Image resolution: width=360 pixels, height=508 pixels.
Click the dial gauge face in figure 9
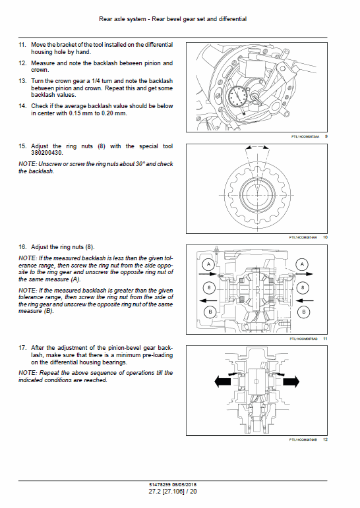pos(237,98)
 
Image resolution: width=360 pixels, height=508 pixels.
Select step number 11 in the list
pos(22,44)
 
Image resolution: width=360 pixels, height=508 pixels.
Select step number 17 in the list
pos(22,347)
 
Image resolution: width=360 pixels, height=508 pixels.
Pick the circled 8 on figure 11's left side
pos(208,288)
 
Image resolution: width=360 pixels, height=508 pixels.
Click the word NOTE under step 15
pos(28,163)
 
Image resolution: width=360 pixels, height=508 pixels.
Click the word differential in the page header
pos(231,19)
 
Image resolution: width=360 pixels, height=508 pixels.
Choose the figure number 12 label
pos(326,439)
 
